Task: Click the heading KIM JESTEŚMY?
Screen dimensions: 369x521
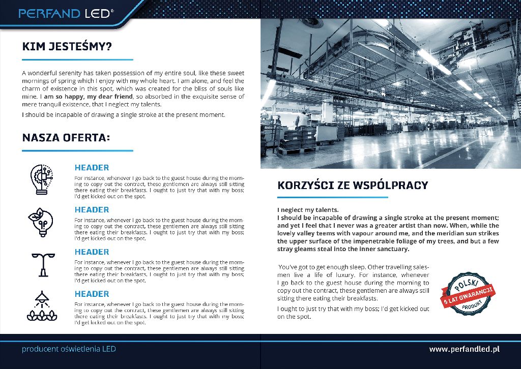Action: click(67, 47)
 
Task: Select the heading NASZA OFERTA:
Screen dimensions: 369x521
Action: click(66, 138)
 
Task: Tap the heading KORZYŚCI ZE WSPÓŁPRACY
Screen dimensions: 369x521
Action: click(353, 185)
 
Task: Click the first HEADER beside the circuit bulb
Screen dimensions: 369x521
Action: click(92, 167)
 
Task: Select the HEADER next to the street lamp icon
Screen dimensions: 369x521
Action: click(92, 252)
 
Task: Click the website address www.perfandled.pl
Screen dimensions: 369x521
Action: click(464, 349)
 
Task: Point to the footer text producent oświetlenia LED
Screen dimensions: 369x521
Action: click(69, 349)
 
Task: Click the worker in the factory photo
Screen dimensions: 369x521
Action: click(302, 120)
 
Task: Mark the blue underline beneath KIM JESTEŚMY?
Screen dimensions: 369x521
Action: click(77, 60)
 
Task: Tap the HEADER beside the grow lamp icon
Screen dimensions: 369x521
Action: click(92, 294)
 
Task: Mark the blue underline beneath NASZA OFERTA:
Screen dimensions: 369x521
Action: click(77, 151)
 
